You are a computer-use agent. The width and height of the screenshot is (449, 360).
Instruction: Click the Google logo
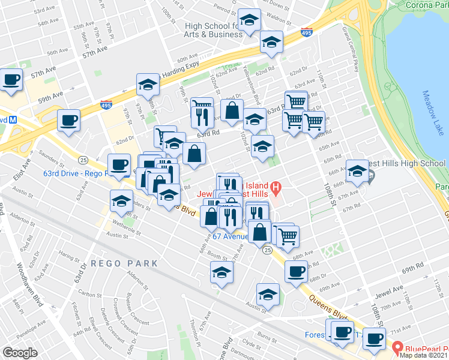(20, 353)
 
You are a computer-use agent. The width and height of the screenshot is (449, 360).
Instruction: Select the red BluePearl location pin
(397, 347)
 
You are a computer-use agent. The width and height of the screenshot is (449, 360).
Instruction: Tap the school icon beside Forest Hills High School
(357, 172)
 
